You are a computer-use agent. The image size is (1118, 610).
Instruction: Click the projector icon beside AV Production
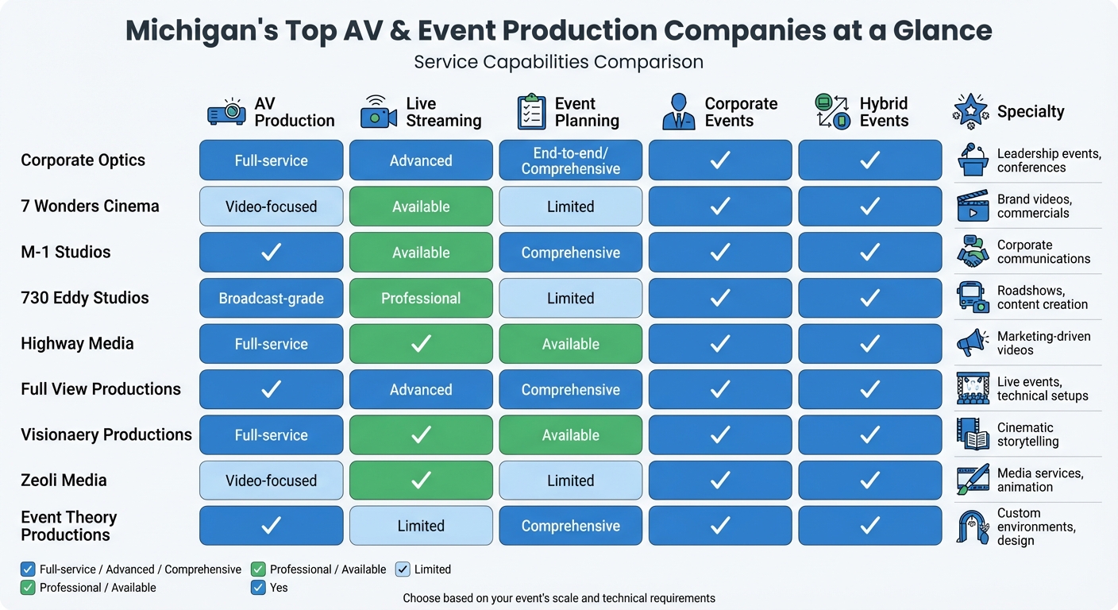coord(226,112)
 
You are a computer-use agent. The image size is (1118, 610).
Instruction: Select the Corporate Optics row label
coord(83,160)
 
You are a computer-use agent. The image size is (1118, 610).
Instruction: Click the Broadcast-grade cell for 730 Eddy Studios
coord(271,299)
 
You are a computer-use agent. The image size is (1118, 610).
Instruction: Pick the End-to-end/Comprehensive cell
coord(570,160)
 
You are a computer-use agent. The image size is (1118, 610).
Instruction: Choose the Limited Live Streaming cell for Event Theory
coord(421,526)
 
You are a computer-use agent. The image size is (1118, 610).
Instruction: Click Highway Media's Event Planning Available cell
coord(570,344)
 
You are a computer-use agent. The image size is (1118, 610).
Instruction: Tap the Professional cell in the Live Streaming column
coord(421,299)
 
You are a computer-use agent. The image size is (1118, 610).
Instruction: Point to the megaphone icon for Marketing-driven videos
coord(972,343)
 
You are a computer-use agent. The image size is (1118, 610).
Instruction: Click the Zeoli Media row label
coord(64,481)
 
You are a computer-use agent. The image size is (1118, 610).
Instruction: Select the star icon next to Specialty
coord(970,112)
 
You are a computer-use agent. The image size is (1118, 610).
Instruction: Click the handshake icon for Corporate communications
coord(972,252)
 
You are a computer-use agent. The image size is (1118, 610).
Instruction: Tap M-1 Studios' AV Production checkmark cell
coord(271,253)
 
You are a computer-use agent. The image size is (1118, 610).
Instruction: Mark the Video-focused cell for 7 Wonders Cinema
coord(271,207)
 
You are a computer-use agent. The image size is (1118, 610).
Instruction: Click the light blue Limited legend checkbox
coord(403,569)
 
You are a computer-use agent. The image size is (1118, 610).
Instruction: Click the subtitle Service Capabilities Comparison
coord(558,62)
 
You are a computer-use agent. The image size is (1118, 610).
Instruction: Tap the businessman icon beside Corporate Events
coord(677,112)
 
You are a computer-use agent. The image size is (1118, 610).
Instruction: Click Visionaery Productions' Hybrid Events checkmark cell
coord(869,435)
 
